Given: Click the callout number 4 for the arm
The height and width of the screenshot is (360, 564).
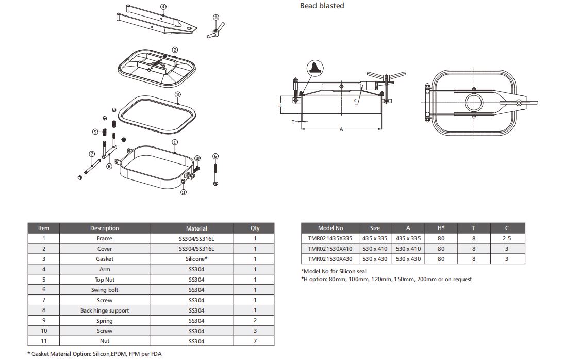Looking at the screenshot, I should [163, 7].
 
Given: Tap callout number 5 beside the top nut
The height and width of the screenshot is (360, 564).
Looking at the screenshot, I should [215, 18].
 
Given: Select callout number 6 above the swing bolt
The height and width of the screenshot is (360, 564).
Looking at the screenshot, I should [215, 156].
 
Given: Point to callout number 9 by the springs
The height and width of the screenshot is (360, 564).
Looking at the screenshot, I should [95, 132].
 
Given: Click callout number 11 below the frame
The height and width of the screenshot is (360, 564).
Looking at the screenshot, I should [183, 192].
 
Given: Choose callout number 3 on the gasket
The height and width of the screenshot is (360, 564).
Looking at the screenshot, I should [177, 95].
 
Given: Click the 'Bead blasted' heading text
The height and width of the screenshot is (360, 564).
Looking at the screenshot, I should [322, 6].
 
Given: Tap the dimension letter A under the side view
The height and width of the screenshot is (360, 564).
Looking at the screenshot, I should [341, 129].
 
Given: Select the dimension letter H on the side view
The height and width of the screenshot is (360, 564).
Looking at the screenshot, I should [280, 105].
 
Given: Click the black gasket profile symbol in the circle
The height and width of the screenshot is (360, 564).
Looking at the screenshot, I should [314, 68].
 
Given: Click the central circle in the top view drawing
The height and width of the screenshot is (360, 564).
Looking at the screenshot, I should [474, 102].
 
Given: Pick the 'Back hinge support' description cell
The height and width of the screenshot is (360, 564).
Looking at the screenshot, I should [105, 310].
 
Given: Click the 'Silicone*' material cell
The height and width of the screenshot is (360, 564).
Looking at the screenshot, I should [196, 259].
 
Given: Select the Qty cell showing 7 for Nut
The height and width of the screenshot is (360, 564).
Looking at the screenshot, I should [255, 341].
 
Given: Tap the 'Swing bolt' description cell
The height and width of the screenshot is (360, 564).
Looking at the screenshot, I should [105, 290].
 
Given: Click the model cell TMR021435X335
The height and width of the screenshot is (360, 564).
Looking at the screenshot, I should [330, 238].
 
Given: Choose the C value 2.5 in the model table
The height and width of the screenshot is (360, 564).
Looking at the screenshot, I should [506, 238].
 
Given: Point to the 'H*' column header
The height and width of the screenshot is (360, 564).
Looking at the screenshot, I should [441, 228].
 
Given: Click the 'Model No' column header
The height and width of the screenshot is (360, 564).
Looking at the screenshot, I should [330, 228].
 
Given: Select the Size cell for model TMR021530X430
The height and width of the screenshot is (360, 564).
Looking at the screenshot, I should [375, 259].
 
